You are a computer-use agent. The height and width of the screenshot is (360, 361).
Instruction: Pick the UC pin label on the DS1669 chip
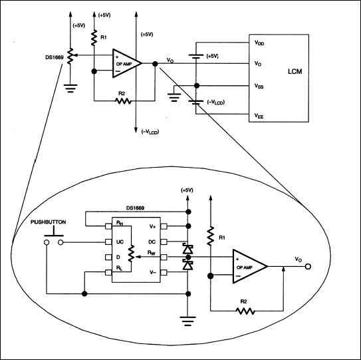(120, 242)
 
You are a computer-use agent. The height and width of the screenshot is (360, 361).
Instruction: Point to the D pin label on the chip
(118, 257)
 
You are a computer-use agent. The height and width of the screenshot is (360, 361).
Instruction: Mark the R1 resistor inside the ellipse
(211, 236)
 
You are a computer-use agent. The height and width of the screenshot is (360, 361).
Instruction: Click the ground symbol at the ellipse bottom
(189, 324)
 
